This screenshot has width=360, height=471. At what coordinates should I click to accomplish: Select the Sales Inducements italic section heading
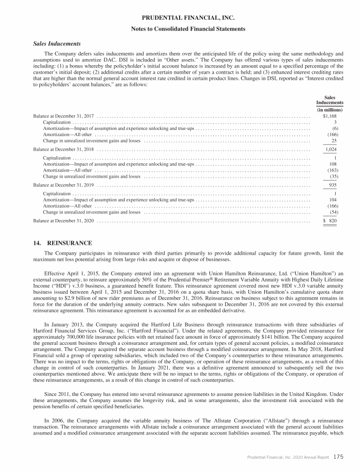tap(54, 44)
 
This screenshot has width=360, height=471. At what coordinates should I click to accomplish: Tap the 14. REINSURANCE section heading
tap(63, 243)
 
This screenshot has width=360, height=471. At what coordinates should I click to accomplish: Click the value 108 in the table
tap(334, 164)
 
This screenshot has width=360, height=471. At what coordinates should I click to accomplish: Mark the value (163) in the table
tap(333, 170)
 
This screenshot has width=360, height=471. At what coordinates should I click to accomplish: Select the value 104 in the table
tap(334, 200)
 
